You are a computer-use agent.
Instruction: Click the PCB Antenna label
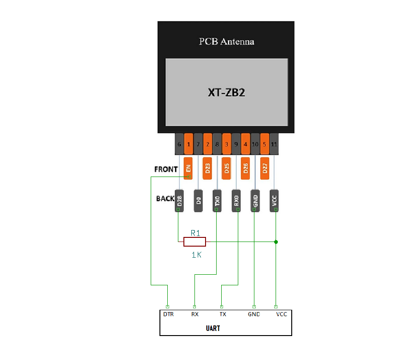(226, 41)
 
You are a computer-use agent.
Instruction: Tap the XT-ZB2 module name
(226, 92)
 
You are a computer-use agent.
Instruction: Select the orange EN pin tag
(188, 168)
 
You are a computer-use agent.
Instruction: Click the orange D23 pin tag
(207, 168)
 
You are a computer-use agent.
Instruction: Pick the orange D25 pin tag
(226, 168)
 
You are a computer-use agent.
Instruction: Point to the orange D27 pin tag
(265, 168)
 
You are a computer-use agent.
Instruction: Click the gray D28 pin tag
(179, 201)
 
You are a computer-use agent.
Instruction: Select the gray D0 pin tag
(198, 201)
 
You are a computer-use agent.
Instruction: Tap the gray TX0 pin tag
(217, 201)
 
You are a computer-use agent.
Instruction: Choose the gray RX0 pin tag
(236, 201)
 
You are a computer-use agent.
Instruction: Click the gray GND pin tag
(255, 201)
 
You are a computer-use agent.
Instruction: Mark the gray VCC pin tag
(275, 201)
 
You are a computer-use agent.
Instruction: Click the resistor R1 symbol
(194, 242)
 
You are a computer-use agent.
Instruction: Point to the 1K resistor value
(196, 254)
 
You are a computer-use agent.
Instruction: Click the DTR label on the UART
(168, 314)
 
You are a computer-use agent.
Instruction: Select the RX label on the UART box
(194, 314)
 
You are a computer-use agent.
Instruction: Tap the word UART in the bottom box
(213, 329)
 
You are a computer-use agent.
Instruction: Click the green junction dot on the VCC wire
(276, 242)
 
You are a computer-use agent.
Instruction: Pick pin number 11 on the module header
(274, 144)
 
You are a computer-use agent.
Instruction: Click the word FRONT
(166, 169)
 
